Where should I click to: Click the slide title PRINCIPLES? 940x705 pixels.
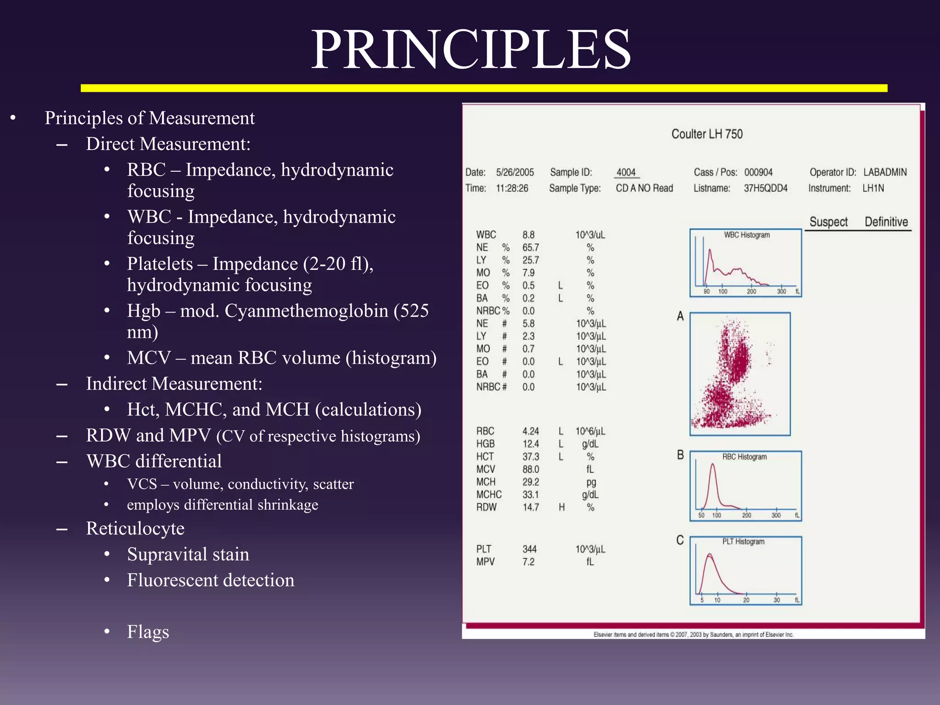point(471,50)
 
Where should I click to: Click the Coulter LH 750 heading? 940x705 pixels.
point(707,134)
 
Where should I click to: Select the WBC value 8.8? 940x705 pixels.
point(528,235)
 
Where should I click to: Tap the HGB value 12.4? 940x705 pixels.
point(531,444)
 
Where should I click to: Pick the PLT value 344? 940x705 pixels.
point(529,549)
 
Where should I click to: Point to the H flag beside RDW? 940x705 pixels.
point(561,507)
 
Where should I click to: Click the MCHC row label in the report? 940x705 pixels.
point(489,495)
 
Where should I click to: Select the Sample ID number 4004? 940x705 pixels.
point(626,173)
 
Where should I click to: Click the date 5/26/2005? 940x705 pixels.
point(515,173)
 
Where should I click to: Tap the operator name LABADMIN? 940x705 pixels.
point(885,172)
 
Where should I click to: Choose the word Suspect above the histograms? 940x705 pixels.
point(828,222)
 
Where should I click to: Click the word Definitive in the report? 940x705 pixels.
point(886,222)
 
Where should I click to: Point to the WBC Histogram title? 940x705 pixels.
point(747,235)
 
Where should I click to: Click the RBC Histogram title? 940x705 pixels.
point(744,457)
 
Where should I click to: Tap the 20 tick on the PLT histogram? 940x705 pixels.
point(746,600)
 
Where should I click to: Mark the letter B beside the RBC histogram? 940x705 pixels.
point(680,455)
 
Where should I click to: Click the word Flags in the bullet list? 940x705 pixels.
point(148,632)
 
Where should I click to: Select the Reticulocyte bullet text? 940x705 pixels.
point(135,528)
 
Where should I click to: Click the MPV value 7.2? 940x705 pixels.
point(528,562)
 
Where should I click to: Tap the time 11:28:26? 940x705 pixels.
point(512,188)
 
